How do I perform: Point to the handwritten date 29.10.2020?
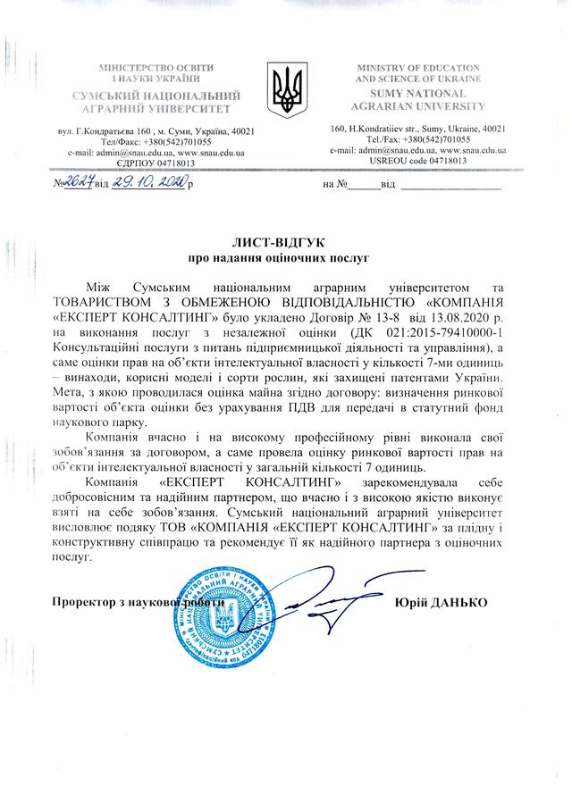[x=149, y=183]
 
